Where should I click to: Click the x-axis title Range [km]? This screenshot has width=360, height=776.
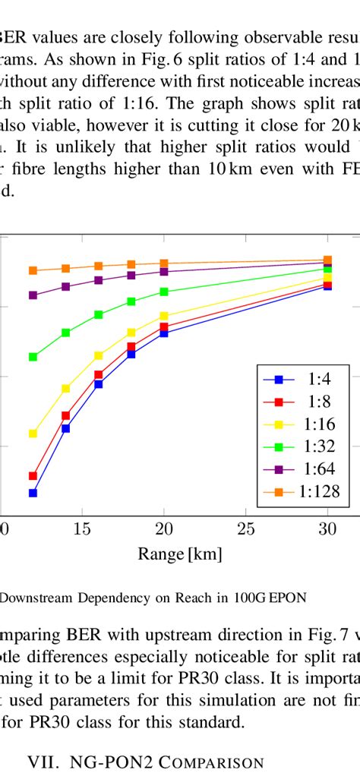180,554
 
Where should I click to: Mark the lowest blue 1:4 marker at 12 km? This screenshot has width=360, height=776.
33,493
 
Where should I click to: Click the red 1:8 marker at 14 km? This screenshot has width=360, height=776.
66,415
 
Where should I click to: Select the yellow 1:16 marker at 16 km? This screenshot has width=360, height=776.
99,355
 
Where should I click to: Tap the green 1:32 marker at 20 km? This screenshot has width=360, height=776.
164,292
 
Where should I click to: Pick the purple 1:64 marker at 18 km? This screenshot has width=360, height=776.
131,275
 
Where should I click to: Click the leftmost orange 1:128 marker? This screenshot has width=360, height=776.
33,270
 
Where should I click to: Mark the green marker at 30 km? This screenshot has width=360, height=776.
327,269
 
